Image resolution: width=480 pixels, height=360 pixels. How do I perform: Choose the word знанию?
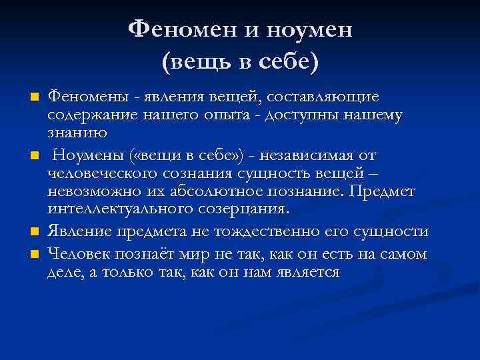tap(77, 132)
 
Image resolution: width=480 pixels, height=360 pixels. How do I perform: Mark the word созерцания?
tap(248, 209)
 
